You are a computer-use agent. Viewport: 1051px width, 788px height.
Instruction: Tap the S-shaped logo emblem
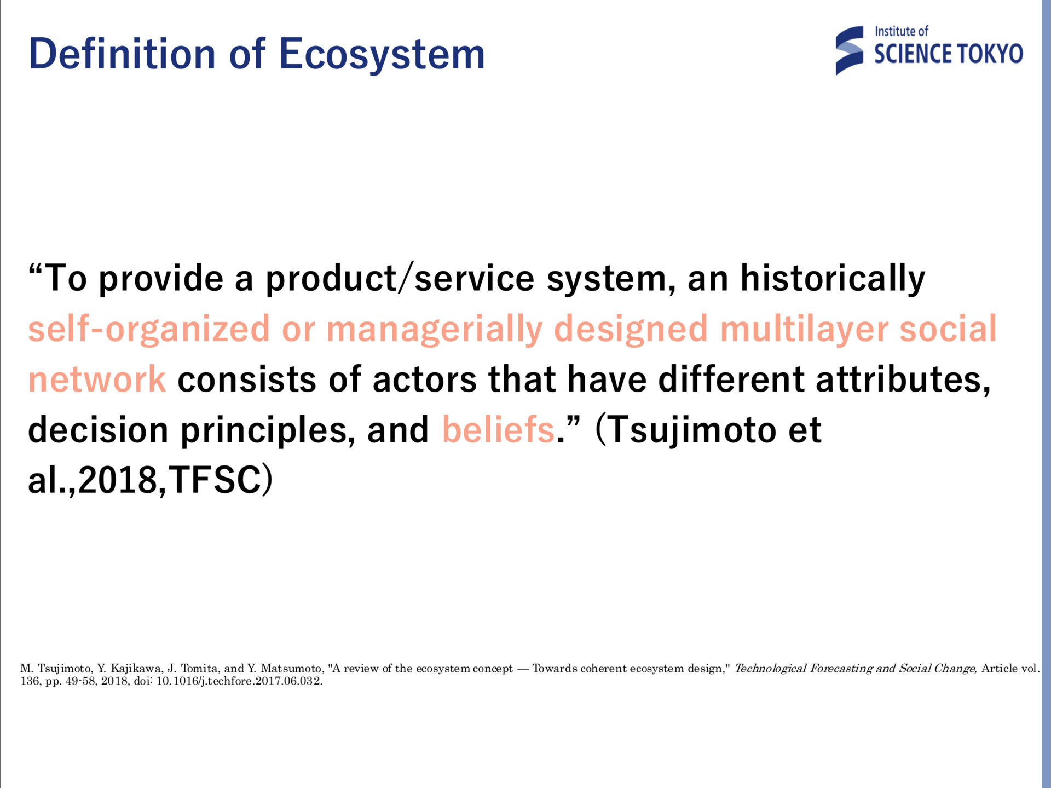click(848, 50)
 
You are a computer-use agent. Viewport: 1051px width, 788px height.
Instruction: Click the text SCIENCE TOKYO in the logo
click(948, 54)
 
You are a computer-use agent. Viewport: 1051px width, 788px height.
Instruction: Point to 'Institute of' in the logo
click(901, 32)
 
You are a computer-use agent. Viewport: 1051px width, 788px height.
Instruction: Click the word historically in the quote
click(832, 278)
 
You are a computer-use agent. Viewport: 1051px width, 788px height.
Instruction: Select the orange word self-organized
click(148, 329)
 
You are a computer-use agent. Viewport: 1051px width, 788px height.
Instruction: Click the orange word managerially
click(434, 329)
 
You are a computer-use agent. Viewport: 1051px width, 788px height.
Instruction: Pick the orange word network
click(97, 379)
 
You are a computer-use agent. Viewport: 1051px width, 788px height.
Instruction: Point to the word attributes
click(903, 379)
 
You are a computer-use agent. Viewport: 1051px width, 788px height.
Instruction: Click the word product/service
click(400, 278)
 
